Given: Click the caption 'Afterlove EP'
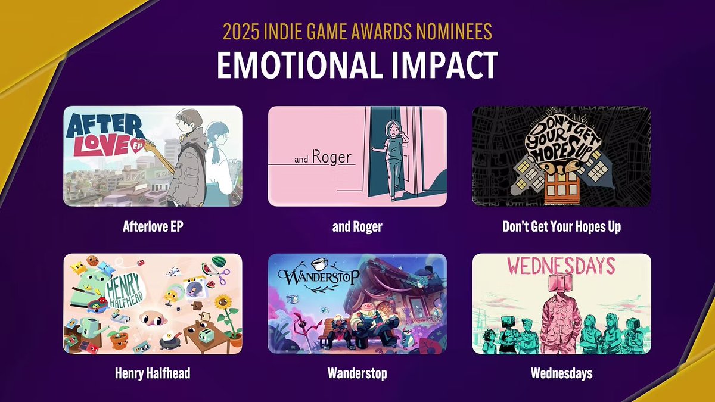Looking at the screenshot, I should [153, 226].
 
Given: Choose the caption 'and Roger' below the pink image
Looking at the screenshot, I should [357, 226].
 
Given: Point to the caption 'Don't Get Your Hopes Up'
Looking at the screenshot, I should [561, 226].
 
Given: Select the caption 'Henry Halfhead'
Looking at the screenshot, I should [153, 373].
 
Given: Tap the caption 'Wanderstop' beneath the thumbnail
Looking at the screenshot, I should [357, 373].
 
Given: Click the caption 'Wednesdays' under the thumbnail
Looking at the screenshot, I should [561, 373].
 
